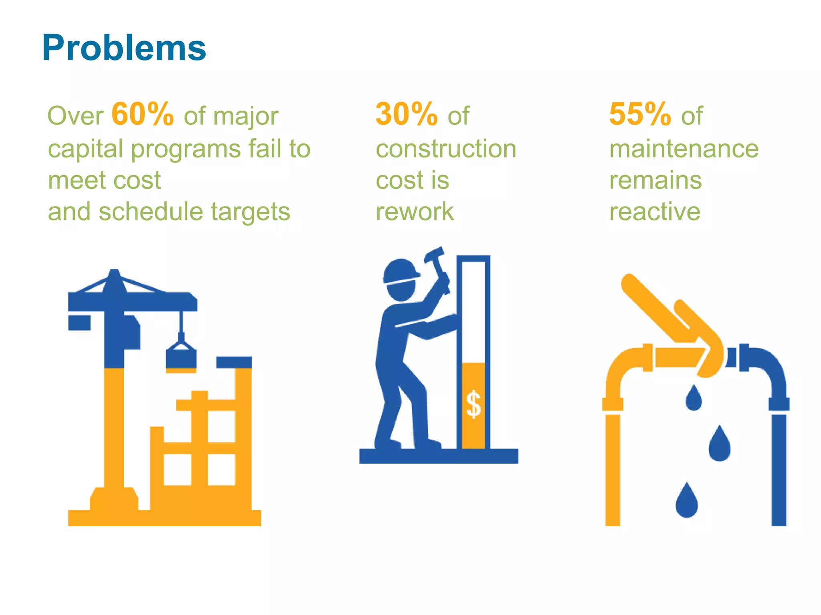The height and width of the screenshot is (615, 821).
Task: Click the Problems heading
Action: pyautogui.click(x=124, y=48)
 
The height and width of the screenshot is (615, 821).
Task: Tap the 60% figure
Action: pyautogui.click(x=142, y=115)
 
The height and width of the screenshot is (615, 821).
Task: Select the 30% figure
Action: pyautogui.click(x=406, y=115)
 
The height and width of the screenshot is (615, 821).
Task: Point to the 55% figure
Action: pyautogui.click(x=640, y=115)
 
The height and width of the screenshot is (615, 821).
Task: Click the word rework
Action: pyautogui.click(x=415, y=212)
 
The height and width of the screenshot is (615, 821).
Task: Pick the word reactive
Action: pyautogui.click(x=655, y=212)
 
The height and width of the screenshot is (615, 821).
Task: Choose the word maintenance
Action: pyautogui.click(x=684, y=149)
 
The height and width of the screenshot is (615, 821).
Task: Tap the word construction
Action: pyautogui.click(x=446, y=149)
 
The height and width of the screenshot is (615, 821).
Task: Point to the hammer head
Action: pyautogui.click(x=435, y=255)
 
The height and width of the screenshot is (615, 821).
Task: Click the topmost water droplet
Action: pyautogui.click(x=694, y=398)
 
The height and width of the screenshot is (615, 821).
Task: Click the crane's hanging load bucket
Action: pyautogui.click(x=181, y=357)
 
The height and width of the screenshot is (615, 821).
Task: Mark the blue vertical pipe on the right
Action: pyautogui.click(x=779, y=468)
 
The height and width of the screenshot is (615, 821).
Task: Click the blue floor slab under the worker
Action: pyautogui.click(x=439, y=456)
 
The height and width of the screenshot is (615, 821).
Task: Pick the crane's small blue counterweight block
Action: pyautogui.click(x=79, y=323)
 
